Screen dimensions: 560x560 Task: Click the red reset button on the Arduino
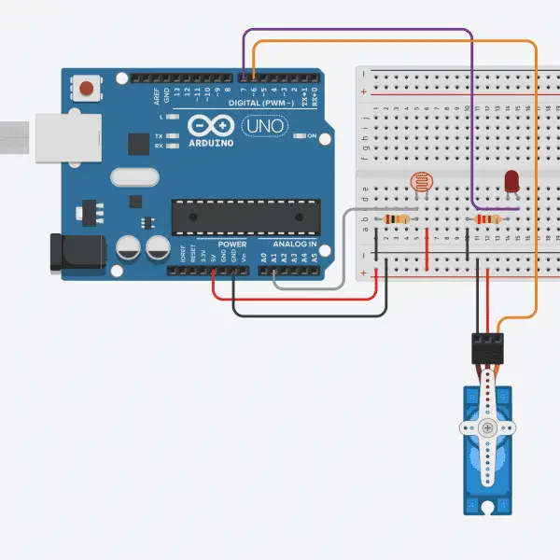point(87,89)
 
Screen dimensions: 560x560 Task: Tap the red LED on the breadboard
point(512,181)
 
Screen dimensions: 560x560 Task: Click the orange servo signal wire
point(536,187)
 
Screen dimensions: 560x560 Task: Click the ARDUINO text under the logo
point(212,146)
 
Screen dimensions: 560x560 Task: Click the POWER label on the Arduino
point(232,245)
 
